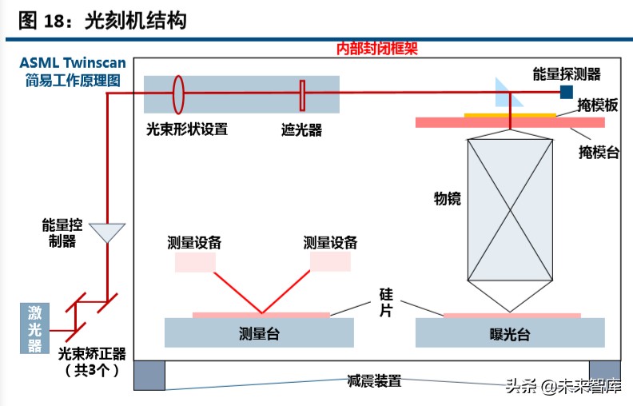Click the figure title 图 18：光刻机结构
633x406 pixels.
point(102,21)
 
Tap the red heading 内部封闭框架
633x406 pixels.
point(377,49)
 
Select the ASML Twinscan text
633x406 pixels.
point(72,63)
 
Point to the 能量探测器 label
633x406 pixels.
point(567,74)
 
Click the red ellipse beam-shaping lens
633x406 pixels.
point(177,94)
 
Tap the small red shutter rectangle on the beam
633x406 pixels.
point(302,94)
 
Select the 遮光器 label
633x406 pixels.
point(301,129)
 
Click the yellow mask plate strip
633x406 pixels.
point(510,115)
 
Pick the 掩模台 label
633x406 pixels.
point(599,152)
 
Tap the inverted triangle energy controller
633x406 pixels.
point(106,232)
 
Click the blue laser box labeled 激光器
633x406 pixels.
point(34,328)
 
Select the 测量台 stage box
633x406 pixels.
point(259,332)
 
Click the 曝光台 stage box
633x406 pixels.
point(509,332)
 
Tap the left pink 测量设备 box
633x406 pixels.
point(195,261)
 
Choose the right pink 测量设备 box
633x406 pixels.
point(330,261)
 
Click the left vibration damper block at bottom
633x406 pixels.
point(149,376)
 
